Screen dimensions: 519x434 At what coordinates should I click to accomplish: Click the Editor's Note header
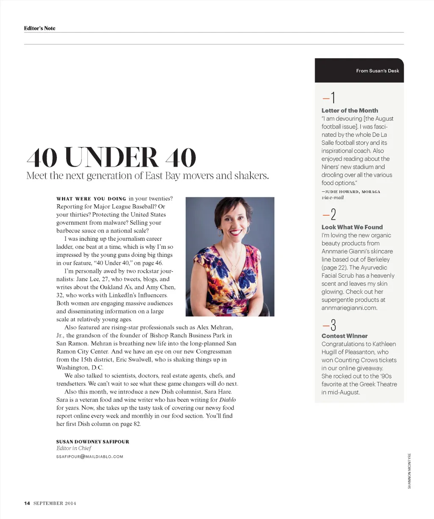[39, 28]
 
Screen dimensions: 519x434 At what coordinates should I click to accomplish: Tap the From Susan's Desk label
[377, 71]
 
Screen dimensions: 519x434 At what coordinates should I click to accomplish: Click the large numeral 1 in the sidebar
[333, 98]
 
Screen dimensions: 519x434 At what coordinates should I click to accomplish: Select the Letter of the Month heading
[350, 110]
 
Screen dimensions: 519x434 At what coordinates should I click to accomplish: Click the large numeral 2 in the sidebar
[333, 215]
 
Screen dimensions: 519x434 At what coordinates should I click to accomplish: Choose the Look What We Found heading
[352, 227]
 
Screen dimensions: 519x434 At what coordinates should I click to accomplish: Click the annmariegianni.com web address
[349, 308]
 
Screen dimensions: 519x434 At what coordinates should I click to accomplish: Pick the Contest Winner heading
[345, 336]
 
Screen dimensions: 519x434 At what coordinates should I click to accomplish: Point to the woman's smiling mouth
[233, 233]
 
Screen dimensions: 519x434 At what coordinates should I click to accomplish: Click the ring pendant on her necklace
[234, 268]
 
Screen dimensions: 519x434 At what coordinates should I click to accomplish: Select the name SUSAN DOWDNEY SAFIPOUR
[93, 442]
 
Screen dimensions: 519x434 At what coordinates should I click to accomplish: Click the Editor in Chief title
[74, 448]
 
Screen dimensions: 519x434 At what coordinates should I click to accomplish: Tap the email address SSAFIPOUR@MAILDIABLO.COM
[89, 457]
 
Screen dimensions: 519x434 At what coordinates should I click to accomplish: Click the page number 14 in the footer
[27, 503]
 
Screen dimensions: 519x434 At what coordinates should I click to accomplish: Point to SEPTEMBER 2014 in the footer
[55, 503]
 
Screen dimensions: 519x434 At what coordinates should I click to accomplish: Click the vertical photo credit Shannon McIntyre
[409, 471]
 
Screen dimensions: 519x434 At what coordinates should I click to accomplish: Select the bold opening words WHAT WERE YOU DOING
[91, 199]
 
